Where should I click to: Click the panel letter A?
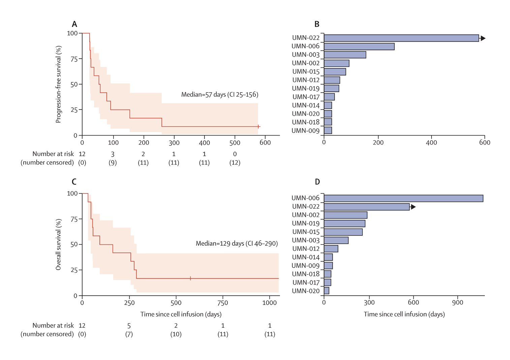[x=74, y=24]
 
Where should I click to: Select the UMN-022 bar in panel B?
[x=401, y=38]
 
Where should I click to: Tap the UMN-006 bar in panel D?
[x=403, y=198]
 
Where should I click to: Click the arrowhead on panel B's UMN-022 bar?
[x=483, y=38]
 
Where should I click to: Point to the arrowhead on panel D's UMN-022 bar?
[x=413, y=207]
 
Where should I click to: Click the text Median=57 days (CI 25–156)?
[x=220, y=95]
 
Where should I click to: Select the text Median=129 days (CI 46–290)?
[x=236, y=243]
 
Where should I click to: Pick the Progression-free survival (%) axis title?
[x=59, y=84]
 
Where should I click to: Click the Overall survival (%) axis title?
[x=59, y=244]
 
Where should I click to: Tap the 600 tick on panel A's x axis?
[x=265, y=143]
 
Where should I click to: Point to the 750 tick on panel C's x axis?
[x=223, y=303]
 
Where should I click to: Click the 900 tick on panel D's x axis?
[x=457, y=302]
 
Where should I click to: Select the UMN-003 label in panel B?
[x=306, y=55]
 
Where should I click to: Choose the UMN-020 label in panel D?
[x=306, y=291]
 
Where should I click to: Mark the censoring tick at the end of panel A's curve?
[x=258, y=126]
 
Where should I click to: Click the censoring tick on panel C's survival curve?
[x=190, y=278]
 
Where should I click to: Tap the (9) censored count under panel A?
[x=113, y=162]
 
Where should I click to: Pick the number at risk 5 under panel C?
[x=129, y=326]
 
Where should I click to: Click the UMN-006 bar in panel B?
[x=359, y=47]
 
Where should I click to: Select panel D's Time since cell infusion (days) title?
[x=404, y=314]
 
